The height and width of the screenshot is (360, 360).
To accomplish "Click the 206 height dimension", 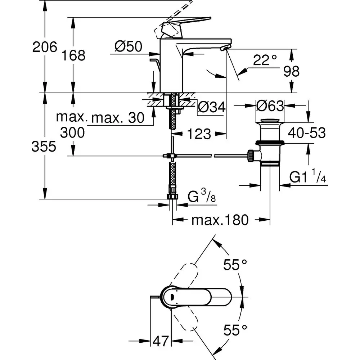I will pos(45,47).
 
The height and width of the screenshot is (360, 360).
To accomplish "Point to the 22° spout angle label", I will pos(265,60).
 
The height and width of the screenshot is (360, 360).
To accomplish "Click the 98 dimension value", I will pos(291,72).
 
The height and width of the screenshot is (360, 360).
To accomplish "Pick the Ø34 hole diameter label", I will pos(212,107).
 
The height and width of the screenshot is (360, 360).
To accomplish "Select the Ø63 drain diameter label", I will pos(270,106).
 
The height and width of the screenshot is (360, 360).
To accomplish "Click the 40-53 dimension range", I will pos(306,133).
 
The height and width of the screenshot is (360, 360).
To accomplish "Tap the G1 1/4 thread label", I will pos(308,177).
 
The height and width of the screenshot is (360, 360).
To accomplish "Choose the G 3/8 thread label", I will pos(201,198).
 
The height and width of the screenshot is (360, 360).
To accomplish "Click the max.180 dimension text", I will pos(220,220).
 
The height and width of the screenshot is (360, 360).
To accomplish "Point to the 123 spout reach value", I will pos(199,134).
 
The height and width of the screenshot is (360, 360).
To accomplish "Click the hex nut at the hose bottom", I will pos(172,197).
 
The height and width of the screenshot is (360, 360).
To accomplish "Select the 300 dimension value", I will pos(72,132).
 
